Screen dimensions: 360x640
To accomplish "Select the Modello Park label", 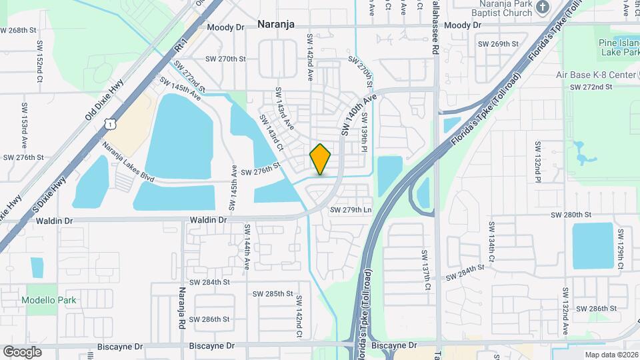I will pos(49,300).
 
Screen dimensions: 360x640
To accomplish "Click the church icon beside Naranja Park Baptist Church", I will pos(543,7).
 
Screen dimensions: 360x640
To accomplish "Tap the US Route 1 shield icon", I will pos(109,124).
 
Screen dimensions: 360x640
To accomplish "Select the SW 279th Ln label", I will pos(350,210).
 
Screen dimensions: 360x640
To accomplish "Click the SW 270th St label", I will pos(226,59).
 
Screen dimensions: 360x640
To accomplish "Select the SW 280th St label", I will pos(571,215).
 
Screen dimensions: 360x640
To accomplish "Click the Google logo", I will pos(22,351).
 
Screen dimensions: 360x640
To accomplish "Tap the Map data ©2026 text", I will pos(611,355).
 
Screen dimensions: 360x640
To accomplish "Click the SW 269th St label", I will pos(499,44).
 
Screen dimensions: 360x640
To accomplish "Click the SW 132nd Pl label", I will pos(537,161).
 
